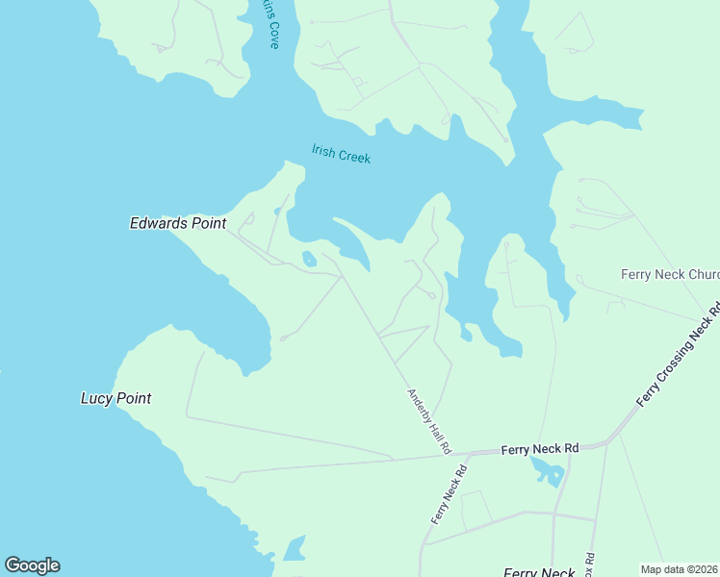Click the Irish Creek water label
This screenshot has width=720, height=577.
tap(341, 154)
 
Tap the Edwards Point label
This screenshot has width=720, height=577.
tap(178, 223)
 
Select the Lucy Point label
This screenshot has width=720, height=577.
tap(116, 398)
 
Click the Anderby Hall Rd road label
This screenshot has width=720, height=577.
tap(429, 421)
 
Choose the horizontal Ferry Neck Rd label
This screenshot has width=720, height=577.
tap(540, 448)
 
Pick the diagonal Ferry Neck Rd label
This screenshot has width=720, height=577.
tap(450, 494)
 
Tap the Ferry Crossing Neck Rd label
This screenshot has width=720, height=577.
tap(679, 355)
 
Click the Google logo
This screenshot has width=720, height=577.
tap(32, 565)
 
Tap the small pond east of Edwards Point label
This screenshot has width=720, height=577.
tap(309, 259)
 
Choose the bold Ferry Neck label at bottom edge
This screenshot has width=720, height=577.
tap(539, 572)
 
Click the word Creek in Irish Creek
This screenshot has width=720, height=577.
tap(353, 156)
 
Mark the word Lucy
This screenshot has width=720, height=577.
tap(96, 398)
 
